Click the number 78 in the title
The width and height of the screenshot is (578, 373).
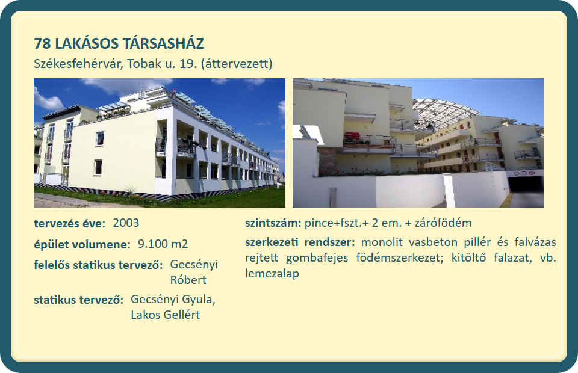click(42, 43)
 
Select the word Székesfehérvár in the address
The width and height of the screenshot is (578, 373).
click(78, 64)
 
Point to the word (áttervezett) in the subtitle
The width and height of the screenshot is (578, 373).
click(237, 64)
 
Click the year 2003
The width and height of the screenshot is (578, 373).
click(126, 223)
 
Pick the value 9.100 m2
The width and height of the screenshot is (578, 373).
click(163, 244)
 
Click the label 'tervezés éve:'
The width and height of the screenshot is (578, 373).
click(70, 223)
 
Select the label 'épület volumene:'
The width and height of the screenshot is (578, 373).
click(82, 244)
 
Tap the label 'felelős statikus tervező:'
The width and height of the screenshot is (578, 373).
click(98, 265)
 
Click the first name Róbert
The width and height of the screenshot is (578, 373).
click(188, 280)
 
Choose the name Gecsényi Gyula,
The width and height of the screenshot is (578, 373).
click(173, 300)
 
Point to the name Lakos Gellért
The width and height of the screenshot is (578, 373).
click(166, 315)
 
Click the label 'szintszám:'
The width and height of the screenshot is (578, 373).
click(273, 223)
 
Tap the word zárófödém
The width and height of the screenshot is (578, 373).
click(443, 223)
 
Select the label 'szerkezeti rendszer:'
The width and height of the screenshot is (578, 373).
click(300, 242)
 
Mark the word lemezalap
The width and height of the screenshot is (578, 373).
click(272, 274)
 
